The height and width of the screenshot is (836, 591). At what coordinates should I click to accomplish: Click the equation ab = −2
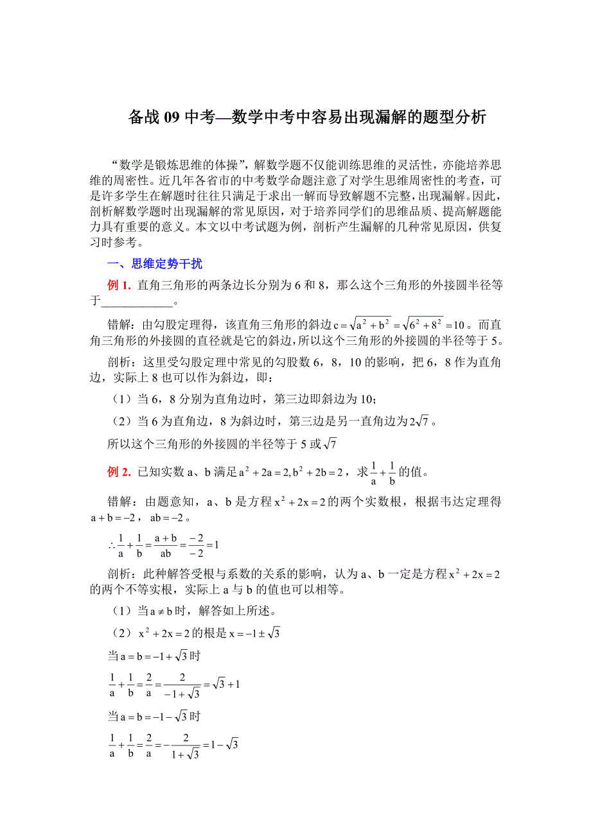tap(169, 518)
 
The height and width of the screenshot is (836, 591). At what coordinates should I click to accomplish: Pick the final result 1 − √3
tap(227, 745)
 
